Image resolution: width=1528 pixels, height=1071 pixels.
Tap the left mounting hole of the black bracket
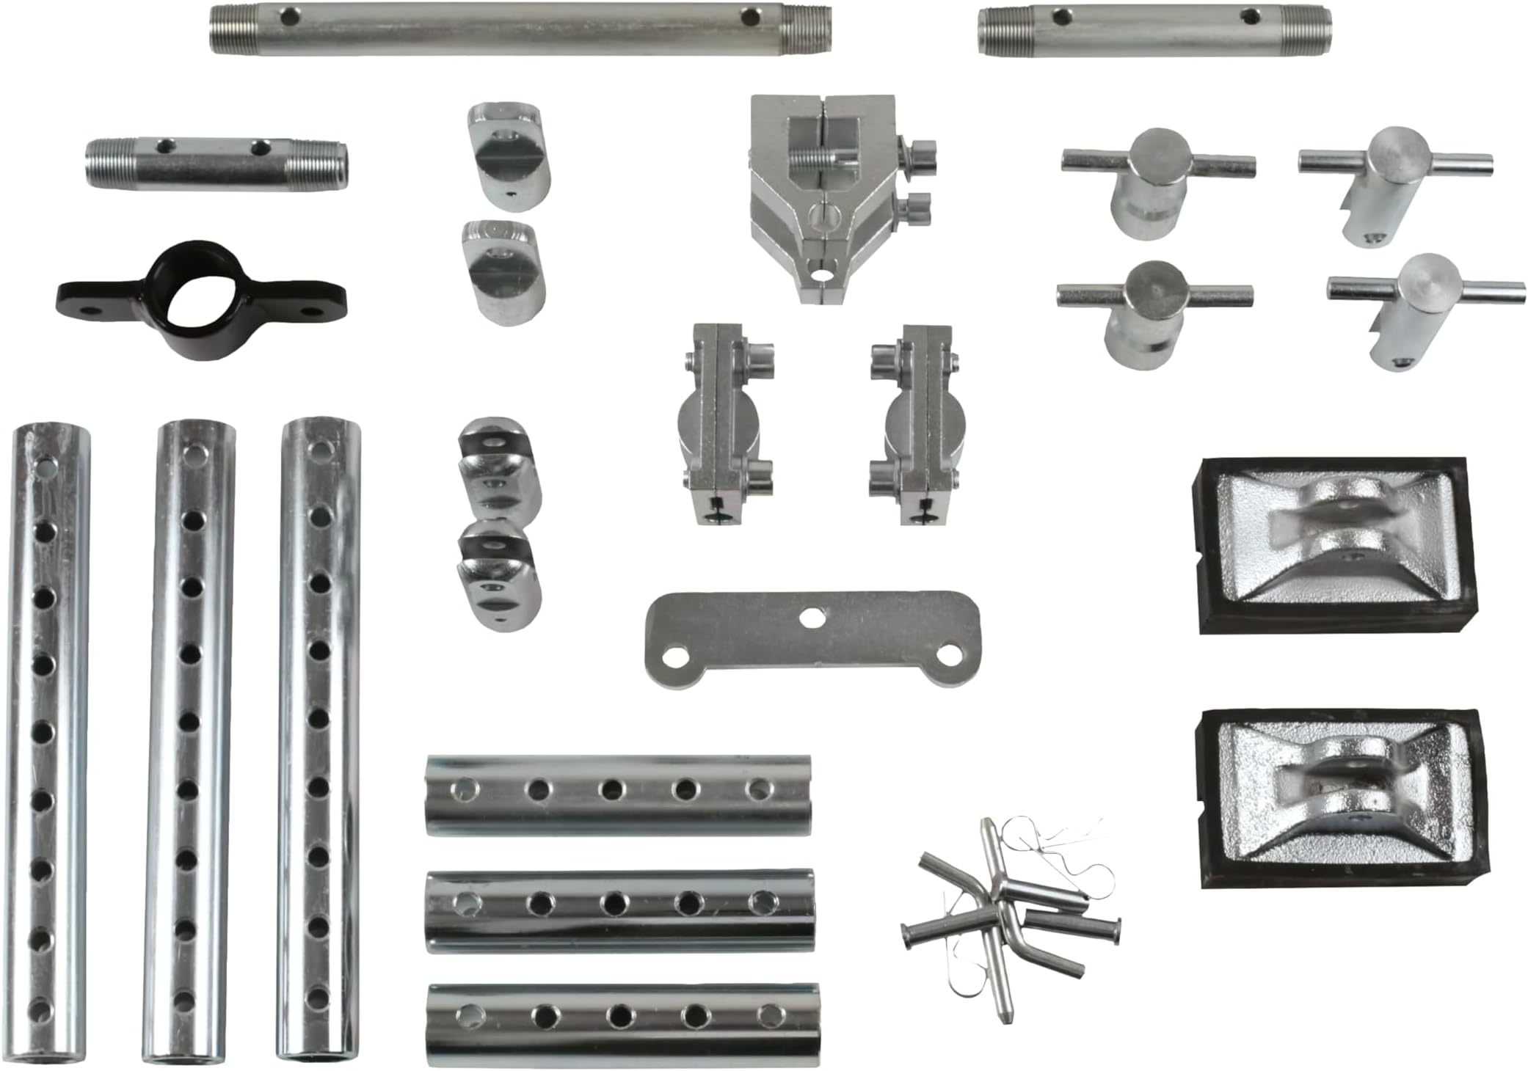click(91, 311)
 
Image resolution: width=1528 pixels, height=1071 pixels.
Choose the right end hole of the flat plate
click(950, 654)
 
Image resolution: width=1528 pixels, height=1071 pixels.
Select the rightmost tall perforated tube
click(319, 737)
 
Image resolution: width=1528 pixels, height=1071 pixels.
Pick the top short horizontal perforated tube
click(618, 794)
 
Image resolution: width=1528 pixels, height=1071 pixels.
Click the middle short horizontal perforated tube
click(620, 910)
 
